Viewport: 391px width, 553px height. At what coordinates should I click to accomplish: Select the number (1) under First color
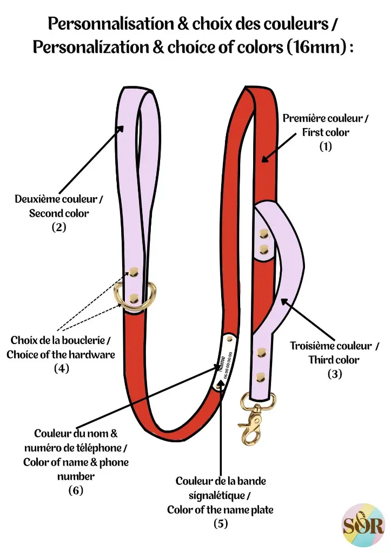click(x=325, y=146)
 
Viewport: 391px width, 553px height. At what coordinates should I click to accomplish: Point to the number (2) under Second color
click(x=59, y=227)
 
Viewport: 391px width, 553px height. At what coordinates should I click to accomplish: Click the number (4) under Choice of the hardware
click(x=61, y=369)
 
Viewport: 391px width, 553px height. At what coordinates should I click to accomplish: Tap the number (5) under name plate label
click(x=220, y=523)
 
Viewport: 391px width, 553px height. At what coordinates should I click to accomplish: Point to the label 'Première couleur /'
click(x=326, y=118)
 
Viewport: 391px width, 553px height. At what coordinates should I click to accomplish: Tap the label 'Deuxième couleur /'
click(x=59, y=199)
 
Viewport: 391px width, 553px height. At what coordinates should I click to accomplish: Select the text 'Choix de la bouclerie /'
click(x=61, y=341)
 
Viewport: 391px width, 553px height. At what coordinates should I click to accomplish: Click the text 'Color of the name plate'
click(x=220, y=509)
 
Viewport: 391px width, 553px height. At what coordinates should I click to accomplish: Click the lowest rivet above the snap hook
click(x=261, y=375)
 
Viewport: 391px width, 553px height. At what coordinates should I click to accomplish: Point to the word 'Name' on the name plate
click(x=221, y=363)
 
